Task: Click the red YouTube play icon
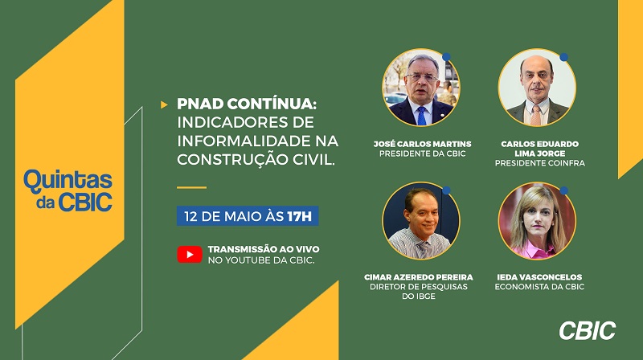190,254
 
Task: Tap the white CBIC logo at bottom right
588,330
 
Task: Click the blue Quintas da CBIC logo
68,190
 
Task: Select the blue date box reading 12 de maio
248,216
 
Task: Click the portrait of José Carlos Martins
421,88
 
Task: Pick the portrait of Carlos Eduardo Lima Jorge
537,88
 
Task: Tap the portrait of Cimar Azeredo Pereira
421,221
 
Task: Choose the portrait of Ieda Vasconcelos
537,221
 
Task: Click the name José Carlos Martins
423,144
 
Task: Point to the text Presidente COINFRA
539,163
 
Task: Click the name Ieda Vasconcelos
539,277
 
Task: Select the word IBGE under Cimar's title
424,297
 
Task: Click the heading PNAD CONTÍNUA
247,104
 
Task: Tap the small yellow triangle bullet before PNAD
164,104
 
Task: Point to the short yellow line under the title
191,187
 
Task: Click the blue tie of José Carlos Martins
421,116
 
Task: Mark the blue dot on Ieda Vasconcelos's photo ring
564,190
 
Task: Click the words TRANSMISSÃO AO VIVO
264,249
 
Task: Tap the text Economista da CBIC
539,287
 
